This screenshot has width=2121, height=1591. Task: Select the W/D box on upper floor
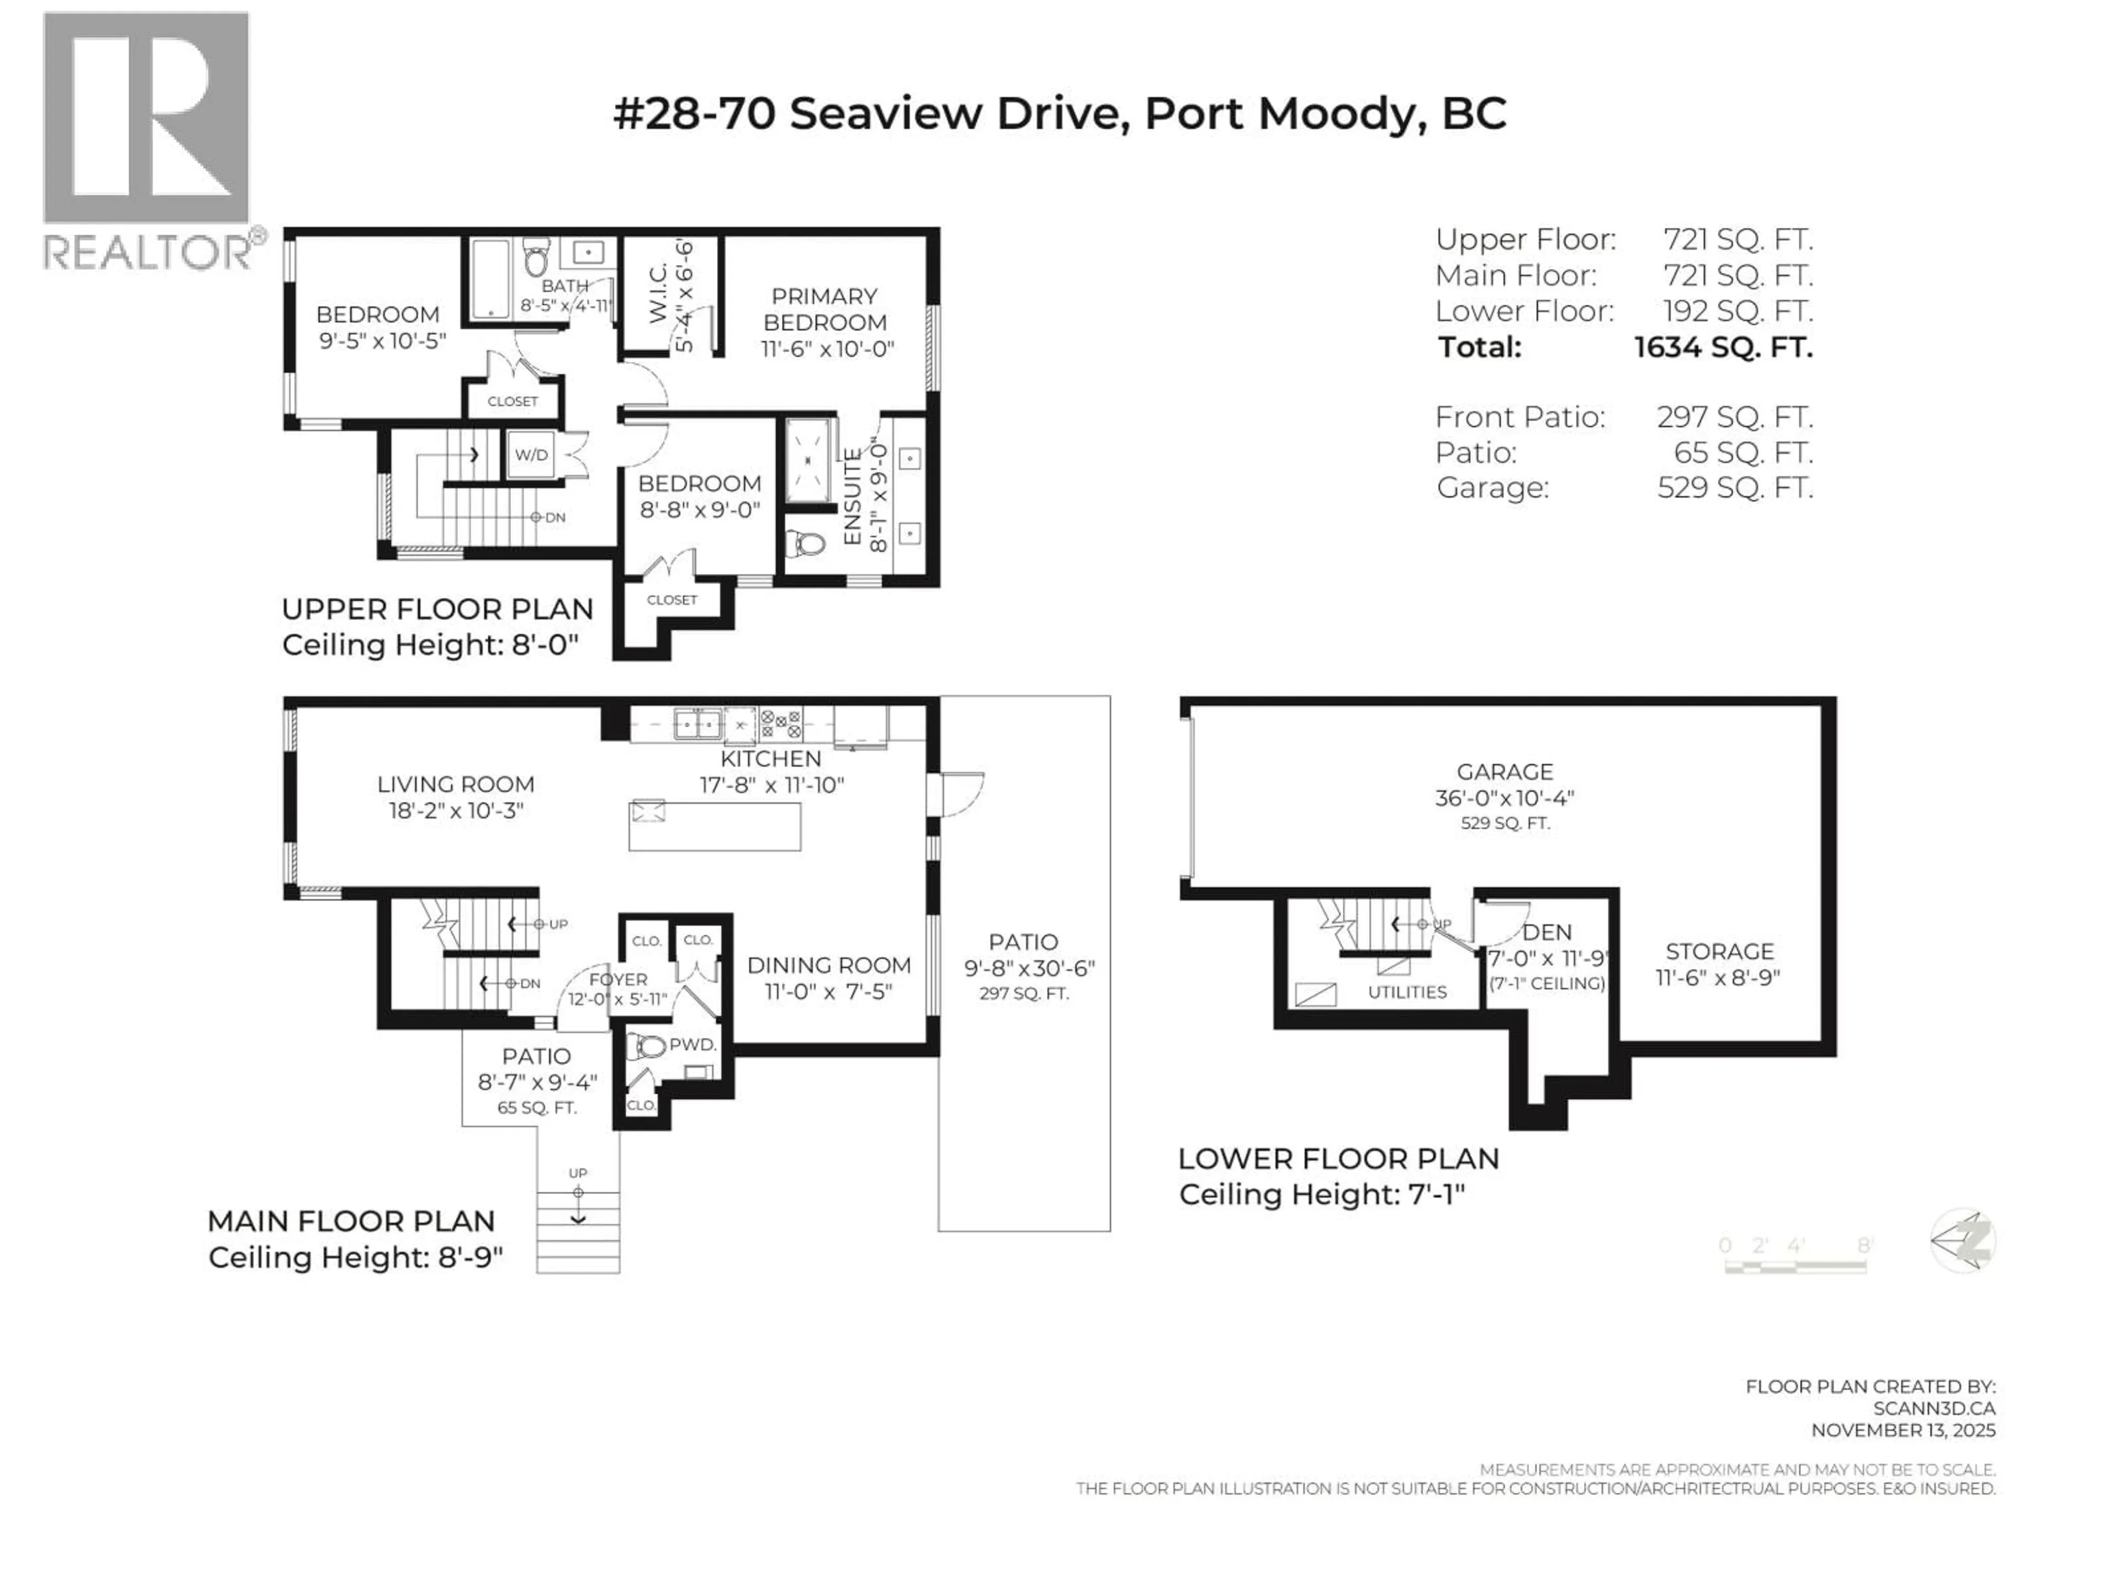(x=531, y=455)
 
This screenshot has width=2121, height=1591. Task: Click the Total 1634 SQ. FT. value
(x=1723, y=347)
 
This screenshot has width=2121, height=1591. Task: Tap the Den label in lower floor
(x=1547, y=932)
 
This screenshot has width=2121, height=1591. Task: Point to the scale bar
(x=1795, y=1267)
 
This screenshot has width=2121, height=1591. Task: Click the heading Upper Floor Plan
(x=437, y=610)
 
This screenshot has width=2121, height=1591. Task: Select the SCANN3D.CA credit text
(x=1933, y=1409)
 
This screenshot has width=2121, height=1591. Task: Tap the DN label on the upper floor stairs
(x=554, y=518)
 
